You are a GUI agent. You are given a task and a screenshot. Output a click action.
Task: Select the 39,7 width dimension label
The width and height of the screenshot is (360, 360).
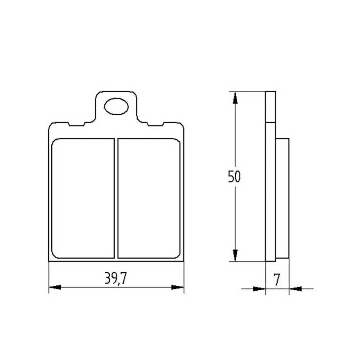tap(116, 278)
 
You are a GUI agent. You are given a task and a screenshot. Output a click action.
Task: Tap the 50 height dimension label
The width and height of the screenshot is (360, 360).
tap(234, 176)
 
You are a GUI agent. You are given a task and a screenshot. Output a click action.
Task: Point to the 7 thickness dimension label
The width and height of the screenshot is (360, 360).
tap(277, 279)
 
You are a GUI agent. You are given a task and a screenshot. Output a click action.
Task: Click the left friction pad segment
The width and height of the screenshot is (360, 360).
tap(83, 198)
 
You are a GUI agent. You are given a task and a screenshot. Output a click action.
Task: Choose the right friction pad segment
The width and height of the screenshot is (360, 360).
tap(149, 198)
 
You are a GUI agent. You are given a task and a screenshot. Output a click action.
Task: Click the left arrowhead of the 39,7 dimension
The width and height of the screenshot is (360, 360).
tap(55, 287)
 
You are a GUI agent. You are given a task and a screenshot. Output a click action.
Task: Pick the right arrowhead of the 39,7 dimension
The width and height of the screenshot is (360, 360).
tap(178, 287)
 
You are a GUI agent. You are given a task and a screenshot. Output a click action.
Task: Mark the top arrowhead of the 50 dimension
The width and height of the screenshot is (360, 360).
tap(235, 98)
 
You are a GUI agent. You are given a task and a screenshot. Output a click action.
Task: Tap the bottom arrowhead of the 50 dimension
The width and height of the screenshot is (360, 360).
tap(235, 255)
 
